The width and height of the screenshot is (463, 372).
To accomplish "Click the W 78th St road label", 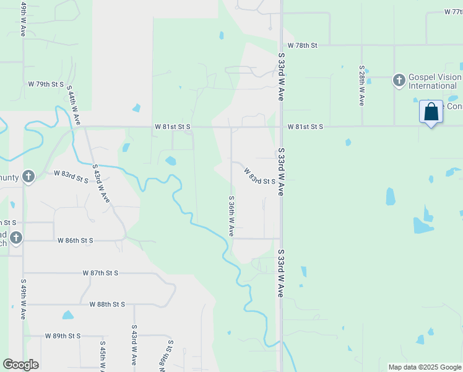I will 302,46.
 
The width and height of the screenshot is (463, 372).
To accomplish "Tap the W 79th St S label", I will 46,84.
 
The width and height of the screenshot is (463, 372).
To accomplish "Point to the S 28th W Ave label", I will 362,85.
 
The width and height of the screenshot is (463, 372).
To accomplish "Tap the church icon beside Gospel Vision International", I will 399,81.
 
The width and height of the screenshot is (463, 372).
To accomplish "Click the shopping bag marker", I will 431,113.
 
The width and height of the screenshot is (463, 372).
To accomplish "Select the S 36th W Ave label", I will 231,216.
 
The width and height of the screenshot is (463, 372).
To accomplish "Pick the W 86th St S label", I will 76,240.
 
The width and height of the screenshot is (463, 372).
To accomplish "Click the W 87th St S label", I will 100,273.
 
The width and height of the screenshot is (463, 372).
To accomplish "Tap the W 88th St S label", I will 107,304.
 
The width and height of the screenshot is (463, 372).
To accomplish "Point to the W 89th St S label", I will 63,336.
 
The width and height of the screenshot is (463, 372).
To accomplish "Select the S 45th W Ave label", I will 103,356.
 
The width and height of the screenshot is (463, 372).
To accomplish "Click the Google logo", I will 20,365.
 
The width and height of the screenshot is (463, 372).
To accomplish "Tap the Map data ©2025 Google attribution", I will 424,367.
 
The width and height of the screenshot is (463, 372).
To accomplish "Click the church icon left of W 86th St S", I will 15,237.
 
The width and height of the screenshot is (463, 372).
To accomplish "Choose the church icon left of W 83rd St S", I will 28,177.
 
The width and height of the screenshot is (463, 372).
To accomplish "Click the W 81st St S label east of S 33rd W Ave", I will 305,126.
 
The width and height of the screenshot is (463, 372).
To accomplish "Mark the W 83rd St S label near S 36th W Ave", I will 259,176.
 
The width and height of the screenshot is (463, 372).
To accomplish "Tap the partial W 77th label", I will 453,12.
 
